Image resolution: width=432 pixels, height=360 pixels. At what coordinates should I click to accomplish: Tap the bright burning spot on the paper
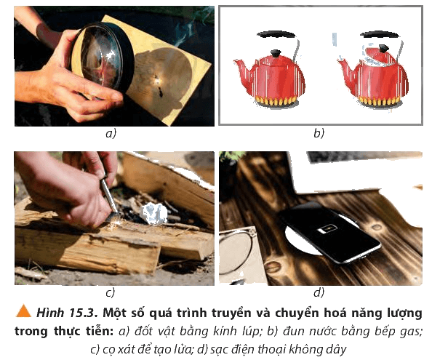pos(157,81)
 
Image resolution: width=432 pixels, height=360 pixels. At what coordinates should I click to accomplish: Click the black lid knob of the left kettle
pos(276,53)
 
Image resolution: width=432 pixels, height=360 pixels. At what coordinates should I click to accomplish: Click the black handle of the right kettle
pos(380,35)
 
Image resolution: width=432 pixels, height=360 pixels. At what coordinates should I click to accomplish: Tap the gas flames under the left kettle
pos(276,101)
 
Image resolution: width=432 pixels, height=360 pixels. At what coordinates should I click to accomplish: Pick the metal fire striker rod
pos(109,196)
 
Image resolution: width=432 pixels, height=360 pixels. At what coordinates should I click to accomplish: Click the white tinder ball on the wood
pos(155,214)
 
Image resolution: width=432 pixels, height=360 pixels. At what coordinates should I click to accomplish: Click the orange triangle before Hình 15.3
pos(23,311)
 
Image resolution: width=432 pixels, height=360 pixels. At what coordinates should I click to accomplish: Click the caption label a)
pos(111,134)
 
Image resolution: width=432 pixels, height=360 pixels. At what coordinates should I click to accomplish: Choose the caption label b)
pos(319,133)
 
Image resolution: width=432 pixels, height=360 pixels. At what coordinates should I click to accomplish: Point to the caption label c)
pos(111,292)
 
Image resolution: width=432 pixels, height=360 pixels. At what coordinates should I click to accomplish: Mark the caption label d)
pos(319,292)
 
